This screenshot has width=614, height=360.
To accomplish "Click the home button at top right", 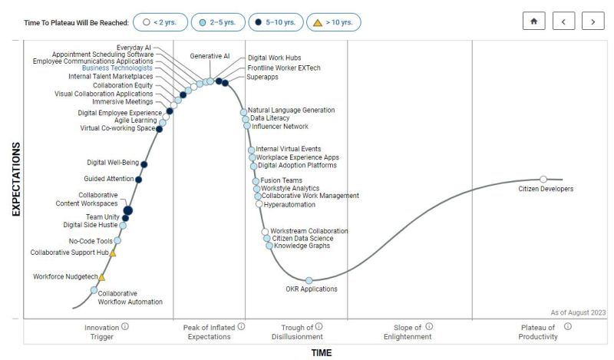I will point(533,21).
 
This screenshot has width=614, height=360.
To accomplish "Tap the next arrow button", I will point(593,21).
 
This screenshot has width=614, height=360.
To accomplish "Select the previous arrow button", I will point(563,21).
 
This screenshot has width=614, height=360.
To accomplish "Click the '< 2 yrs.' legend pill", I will point(160,22).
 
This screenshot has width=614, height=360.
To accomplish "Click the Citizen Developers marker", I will point(543,180).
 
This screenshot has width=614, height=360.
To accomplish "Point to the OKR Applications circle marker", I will point(309,281).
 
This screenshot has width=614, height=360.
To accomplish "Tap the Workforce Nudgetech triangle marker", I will point(101,277).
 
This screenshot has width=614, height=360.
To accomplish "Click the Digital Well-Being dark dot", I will point(144,164).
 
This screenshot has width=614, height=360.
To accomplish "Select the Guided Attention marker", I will point(139,180).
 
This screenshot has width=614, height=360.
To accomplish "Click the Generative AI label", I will point(210,56).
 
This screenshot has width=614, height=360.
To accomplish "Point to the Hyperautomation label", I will point(289,205).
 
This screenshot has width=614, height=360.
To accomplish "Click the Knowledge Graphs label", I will point(302,246).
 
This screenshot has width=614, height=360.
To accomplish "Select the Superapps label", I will point(262,78).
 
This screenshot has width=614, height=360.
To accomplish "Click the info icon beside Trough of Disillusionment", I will point(319,326).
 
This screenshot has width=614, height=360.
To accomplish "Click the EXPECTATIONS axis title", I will point(15,179).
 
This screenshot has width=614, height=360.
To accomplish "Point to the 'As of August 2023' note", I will point(578,312).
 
